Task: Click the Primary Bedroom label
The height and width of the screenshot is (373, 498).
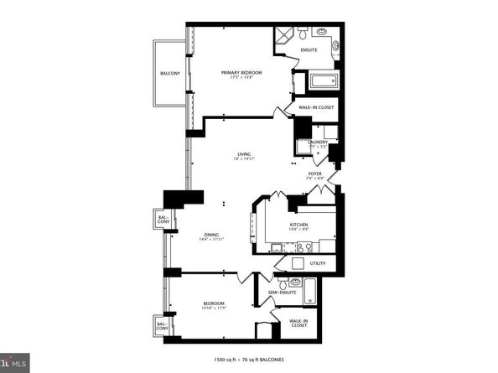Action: (241, 73)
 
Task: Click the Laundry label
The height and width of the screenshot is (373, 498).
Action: (318, 142)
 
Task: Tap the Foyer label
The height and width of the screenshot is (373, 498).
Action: (314, 174)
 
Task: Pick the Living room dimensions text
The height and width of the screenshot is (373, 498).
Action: (244, 159)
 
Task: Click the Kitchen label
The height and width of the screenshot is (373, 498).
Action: (298, 224)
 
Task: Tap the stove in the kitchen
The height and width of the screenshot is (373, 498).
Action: (304, 246)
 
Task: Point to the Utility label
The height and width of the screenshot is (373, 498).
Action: (318, 263)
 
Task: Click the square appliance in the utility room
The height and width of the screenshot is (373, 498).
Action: (295, 262)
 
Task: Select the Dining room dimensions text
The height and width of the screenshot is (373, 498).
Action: (211, 240)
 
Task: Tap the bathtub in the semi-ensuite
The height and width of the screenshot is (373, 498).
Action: (309, 292)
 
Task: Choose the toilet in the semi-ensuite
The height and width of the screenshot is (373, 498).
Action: (283, 283)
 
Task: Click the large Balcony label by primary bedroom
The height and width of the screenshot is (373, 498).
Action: (170, 75)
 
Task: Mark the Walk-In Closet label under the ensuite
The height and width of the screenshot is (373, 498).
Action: (314, 107)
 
